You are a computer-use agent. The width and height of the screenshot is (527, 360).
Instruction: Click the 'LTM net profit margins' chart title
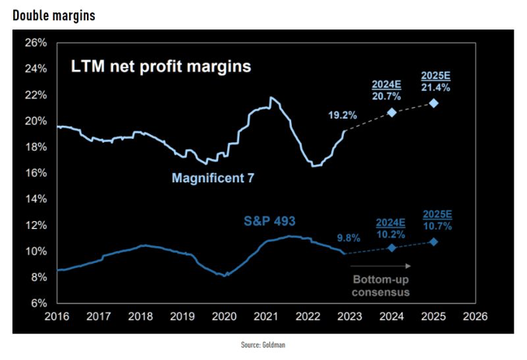point(161,67)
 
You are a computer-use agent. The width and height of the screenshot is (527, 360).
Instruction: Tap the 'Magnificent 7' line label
point(213,178)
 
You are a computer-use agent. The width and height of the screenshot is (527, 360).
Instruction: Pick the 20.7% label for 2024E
point(391,95)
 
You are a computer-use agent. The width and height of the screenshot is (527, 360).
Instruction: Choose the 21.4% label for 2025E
point(435,88)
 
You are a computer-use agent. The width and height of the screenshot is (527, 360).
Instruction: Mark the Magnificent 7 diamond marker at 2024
point(392,112)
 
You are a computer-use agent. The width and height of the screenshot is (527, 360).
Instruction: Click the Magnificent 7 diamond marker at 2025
point(434,103)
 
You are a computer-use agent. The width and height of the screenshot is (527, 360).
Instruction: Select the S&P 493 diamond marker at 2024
point(392,247)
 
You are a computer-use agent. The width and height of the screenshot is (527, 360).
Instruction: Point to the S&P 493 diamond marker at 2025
point(434,241)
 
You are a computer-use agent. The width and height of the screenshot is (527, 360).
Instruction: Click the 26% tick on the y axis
point(36,43)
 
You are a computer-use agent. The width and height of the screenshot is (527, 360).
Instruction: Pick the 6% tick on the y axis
point(40,303)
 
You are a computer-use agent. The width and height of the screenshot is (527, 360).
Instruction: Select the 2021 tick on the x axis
point(265,317)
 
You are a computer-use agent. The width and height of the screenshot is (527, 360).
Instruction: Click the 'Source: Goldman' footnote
point(263,344)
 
